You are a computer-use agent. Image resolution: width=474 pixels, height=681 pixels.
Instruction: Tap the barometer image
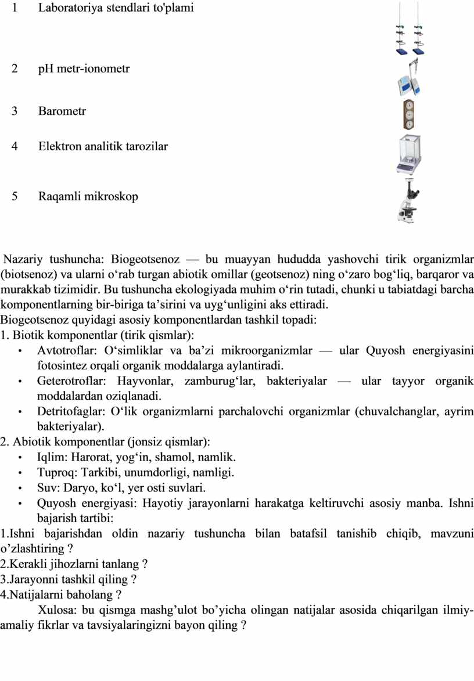click(409, 114)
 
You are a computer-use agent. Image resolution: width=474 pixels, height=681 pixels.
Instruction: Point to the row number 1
click(14, 8)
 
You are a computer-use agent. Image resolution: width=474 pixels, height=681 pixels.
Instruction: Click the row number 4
click(14, 146)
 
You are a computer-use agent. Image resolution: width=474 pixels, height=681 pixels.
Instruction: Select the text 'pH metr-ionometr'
click(84, 68)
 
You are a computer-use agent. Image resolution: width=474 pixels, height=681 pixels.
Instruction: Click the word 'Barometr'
click(62, 111)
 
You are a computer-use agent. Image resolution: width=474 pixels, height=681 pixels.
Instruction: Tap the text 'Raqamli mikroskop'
click(88, 196)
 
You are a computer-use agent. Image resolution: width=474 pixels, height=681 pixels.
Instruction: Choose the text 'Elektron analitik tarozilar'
click(103, 146)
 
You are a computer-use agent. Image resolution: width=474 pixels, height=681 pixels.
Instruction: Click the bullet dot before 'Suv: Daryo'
click(20, 488)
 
